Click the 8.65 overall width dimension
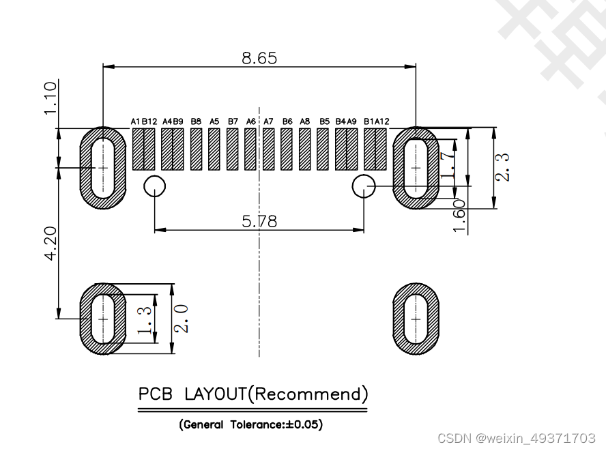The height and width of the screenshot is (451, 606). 259,58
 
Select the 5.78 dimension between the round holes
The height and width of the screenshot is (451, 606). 259,222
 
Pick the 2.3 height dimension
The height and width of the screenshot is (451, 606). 502,167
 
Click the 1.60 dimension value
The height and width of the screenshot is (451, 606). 460,216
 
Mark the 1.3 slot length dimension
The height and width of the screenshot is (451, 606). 144,319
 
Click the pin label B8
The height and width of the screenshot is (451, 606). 196,121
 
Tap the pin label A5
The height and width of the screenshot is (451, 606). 214,121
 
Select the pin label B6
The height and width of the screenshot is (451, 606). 287,121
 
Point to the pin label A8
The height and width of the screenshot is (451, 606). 305,121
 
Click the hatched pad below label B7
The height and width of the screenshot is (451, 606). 232,149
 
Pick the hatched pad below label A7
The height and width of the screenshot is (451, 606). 268,149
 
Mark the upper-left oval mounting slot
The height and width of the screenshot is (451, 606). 103,167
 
